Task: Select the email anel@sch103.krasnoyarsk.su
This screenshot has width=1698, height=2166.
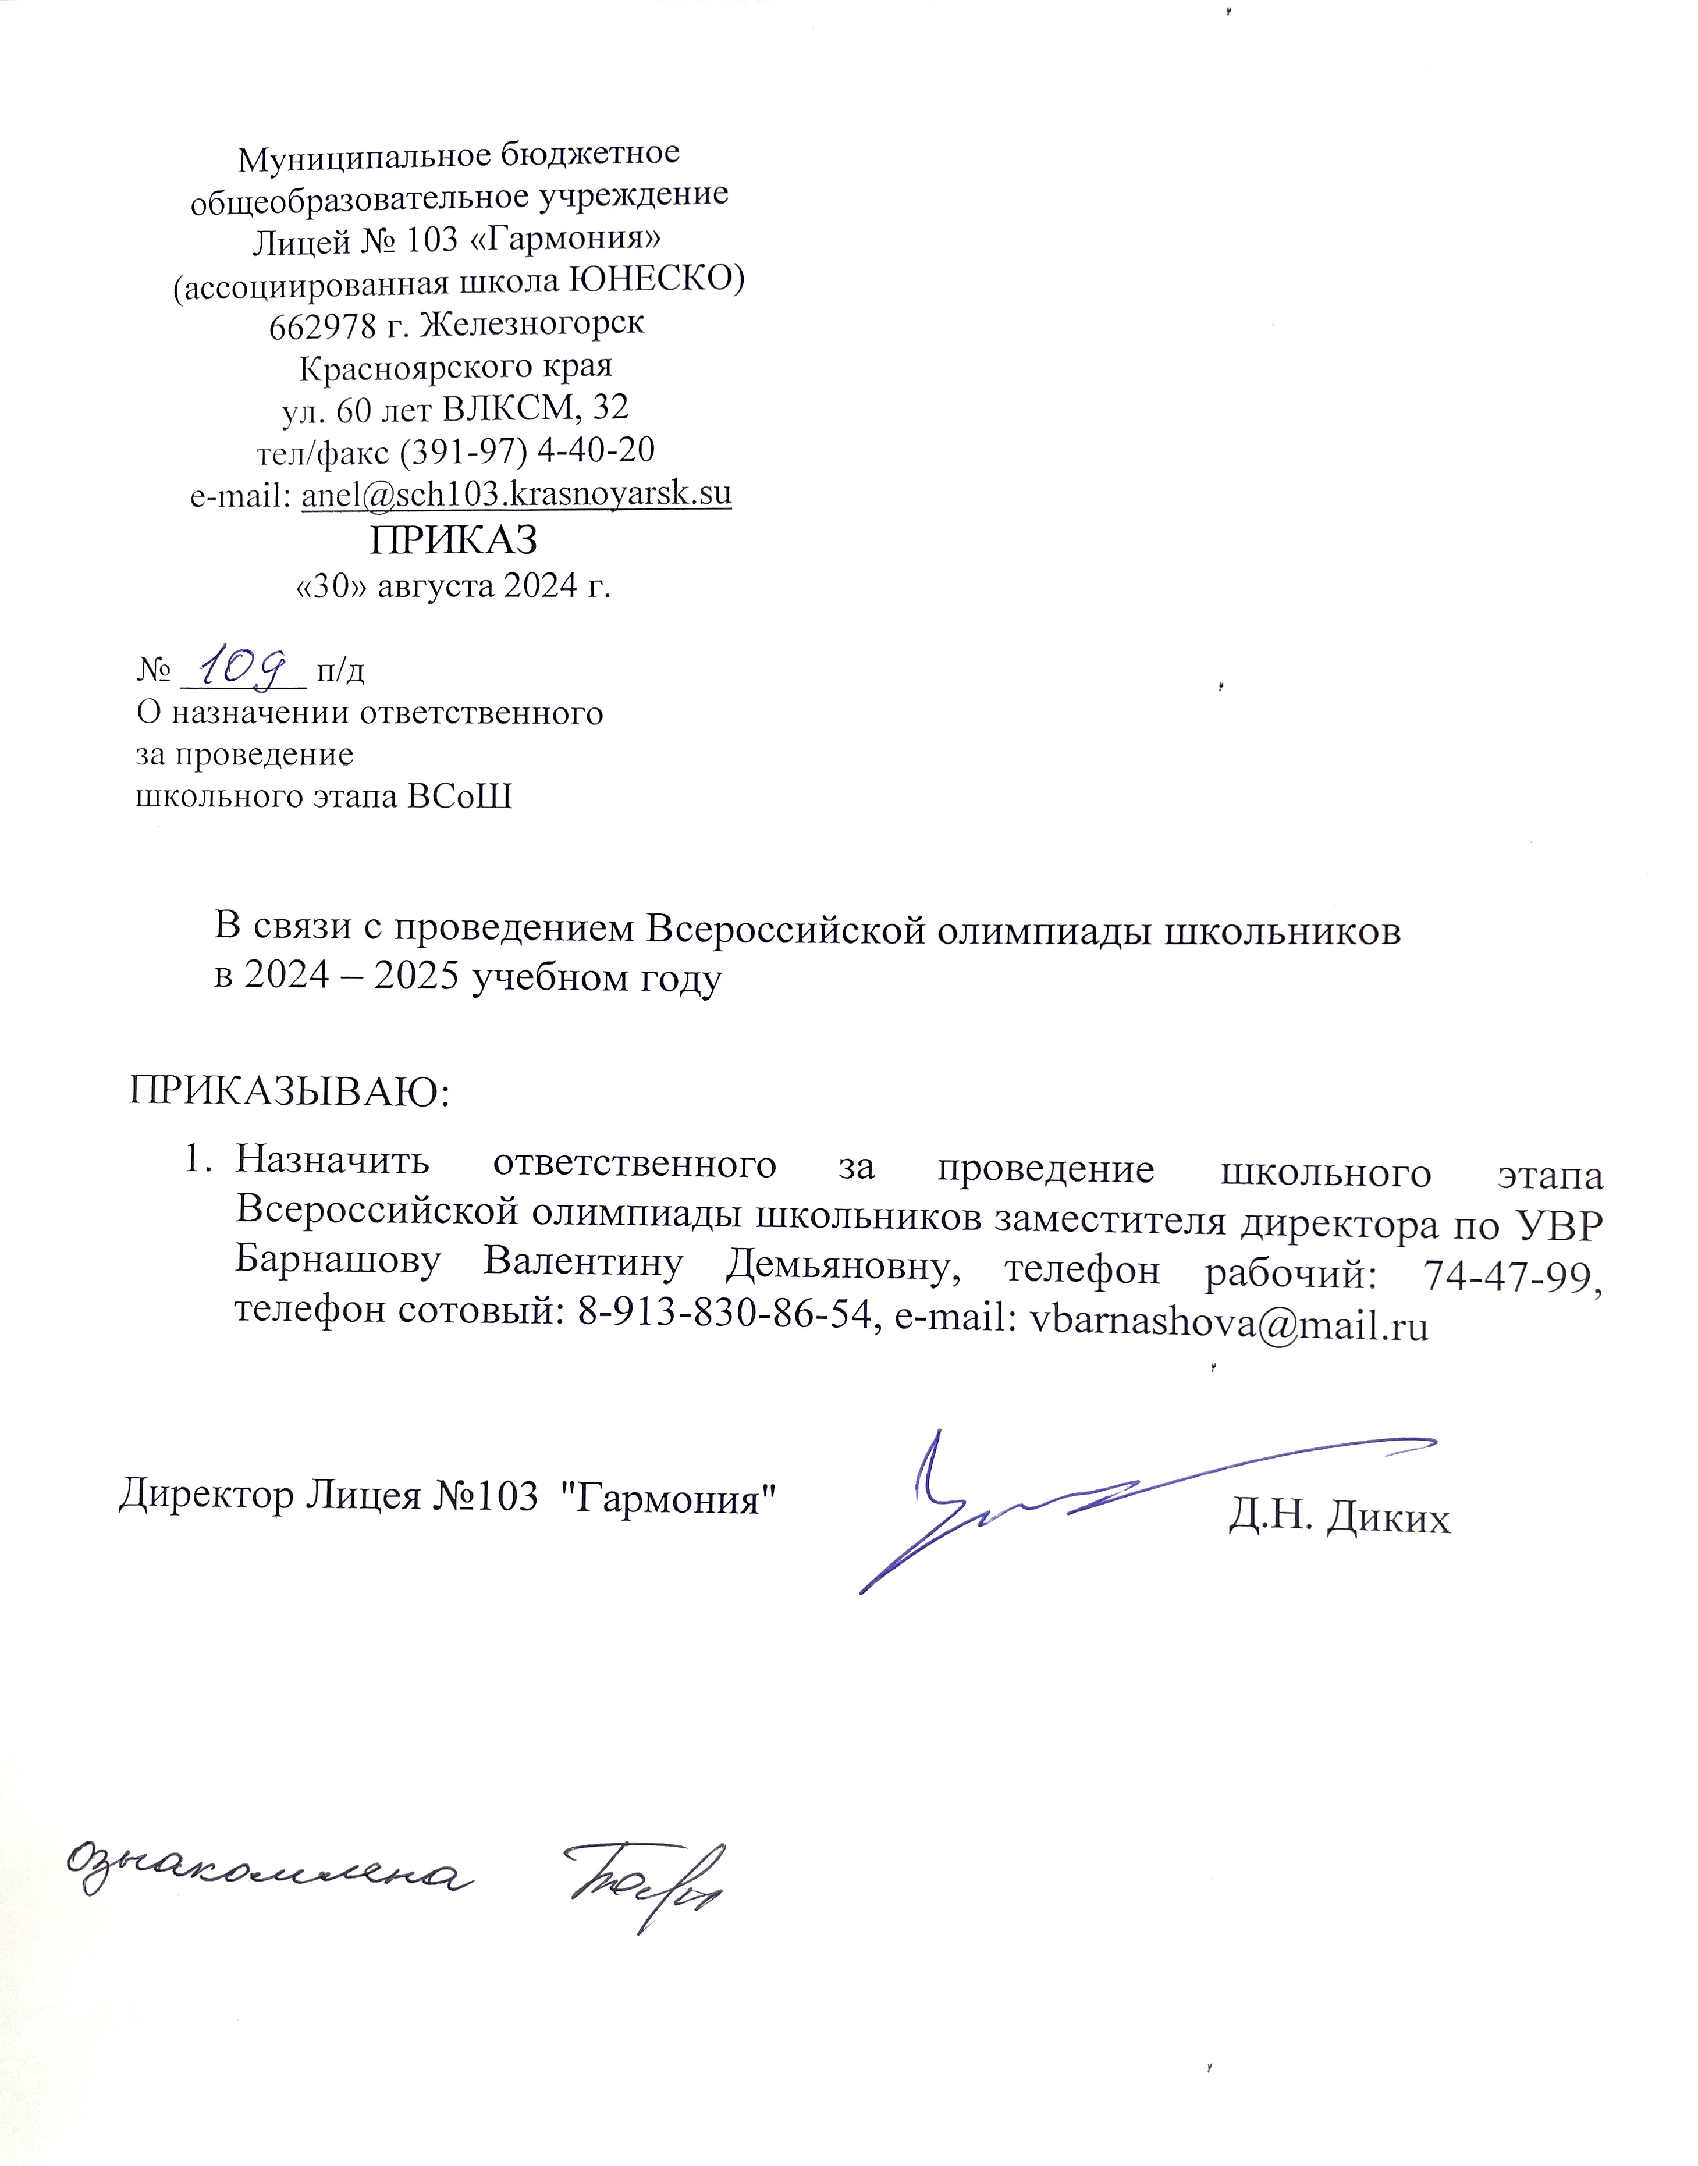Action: coord(516,494)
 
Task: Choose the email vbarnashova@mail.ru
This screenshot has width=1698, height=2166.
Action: coord(1229,1324)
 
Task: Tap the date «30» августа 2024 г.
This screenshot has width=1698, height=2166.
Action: coord(453,585)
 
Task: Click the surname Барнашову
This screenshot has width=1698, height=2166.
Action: coord(338,1262)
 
